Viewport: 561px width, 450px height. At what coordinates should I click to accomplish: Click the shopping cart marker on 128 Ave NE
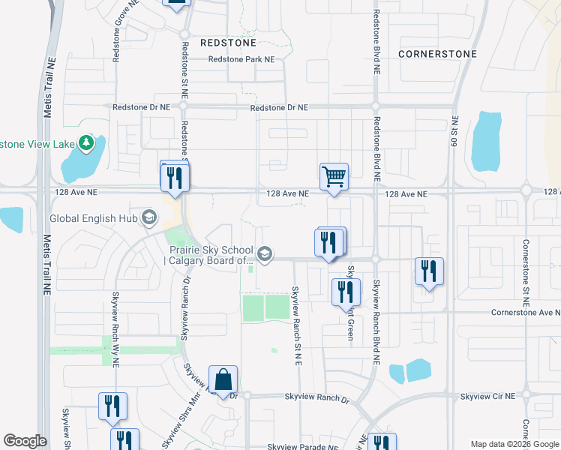pos(334,178)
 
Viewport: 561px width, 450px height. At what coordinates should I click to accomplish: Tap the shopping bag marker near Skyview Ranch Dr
pos(223,379)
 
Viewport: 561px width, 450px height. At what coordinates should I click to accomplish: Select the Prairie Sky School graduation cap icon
pos(264,255)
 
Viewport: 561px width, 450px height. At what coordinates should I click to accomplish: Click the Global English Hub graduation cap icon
pos(148,218)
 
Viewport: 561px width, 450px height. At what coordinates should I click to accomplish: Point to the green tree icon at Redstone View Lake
pos(87,142)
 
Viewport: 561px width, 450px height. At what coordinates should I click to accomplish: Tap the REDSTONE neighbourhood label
pos(229,43)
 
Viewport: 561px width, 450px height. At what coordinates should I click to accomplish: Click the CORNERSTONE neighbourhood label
pos(437,55)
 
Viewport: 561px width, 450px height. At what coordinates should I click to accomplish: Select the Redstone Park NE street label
pos(241,59)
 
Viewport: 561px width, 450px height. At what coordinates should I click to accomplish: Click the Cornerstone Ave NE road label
pos(526,312)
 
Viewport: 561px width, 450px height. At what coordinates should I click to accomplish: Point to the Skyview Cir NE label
pos(488,396)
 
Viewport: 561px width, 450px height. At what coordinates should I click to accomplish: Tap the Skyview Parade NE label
pos(298,447)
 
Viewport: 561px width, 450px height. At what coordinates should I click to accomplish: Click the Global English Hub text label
pos(95,219)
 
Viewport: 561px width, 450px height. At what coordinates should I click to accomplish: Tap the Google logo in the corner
pos(25,441)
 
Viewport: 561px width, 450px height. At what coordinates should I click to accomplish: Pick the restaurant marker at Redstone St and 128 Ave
pos(175,177)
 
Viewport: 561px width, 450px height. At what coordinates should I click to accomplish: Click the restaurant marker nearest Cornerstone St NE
pos(429,271)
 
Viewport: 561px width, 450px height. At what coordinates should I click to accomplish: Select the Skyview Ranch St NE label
pos(296,325)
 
